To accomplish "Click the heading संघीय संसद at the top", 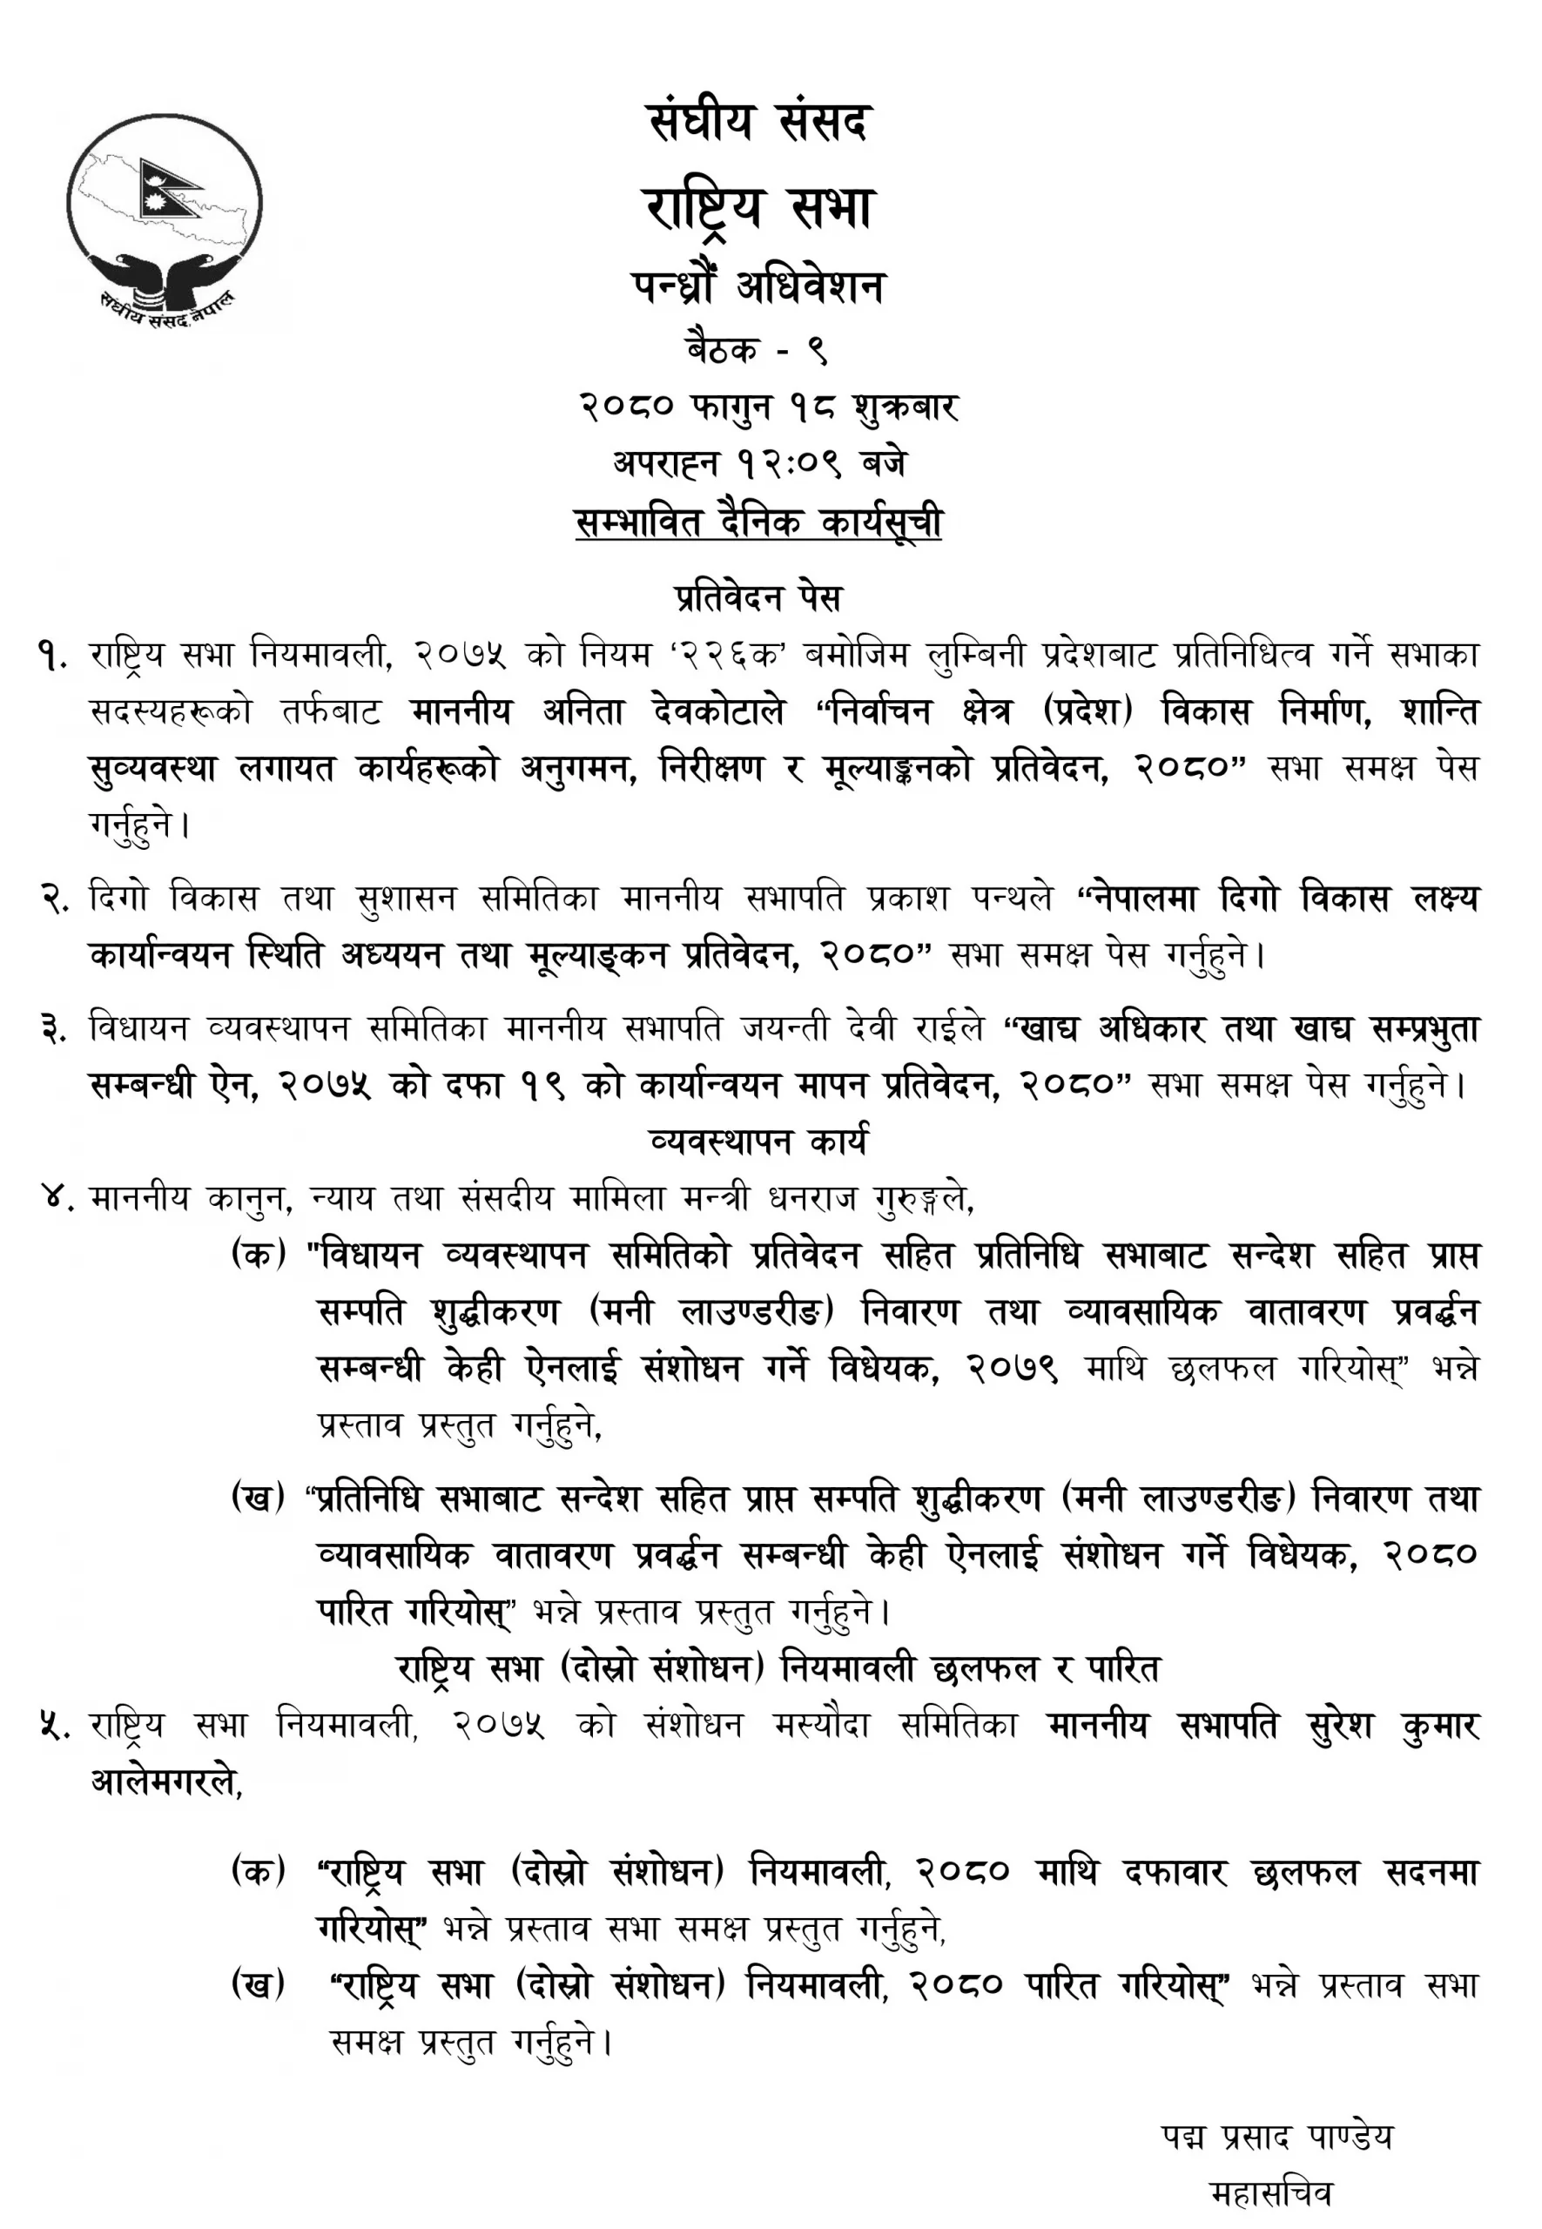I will tap(758, 124).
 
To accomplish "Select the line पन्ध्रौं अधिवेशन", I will tap(758, 287).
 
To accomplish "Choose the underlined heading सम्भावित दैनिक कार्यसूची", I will tap(758, 522).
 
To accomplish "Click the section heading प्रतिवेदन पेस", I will tap(758, 598).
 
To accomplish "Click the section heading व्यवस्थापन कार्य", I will tap(758, 1141).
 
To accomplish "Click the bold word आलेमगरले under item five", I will tap(165, 1781).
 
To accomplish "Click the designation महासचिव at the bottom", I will tap(1270, 2193).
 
